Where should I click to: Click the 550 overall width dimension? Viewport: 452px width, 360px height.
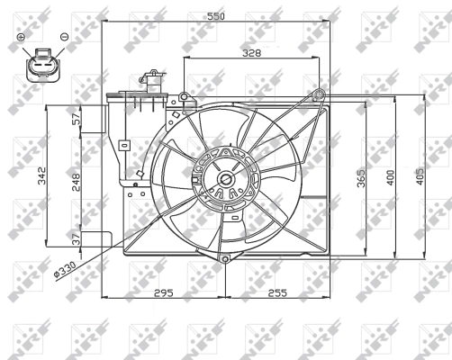[x=216, y=16]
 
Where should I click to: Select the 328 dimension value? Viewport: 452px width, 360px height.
[x=252, y=53]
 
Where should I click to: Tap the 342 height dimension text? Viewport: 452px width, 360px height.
[x=41, y=175]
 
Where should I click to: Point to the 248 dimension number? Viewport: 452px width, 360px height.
[x=75, y=182]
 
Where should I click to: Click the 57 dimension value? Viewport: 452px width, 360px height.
[x=77, y=119]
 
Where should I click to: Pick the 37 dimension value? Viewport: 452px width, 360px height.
[x=77, y=239]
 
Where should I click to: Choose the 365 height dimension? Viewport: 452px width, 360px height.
[x=361, y=178]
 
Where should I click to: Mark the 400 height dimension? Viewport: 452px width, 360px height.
[x=390, y=177]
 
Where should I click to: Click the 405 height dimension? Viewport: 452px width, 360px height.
[x=420, y=176]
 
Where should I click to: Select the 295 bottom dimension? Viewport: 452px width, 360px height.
[x=164, y=292]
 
